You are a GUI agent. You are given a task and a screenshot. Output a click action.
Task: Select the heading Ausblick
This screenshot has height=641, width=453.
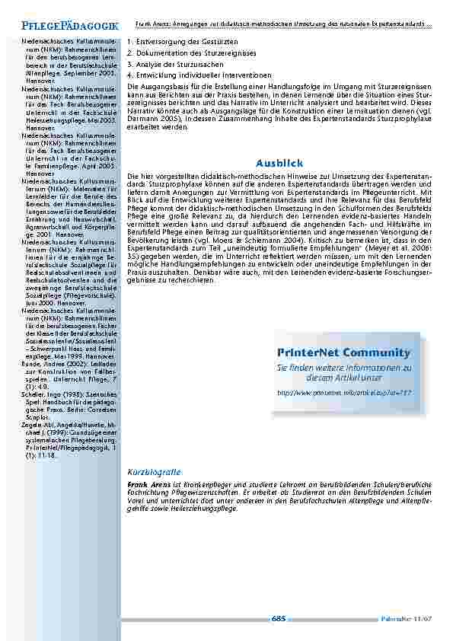click(x=279, y=163)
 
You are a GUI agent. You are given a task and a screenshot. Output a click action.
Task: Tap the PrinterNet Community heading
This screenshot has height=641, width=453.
click(x=343, y=352)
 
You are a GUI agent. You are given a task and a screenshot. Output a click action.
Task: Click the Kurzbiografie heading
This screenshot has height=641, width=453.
click(x=154, y=472)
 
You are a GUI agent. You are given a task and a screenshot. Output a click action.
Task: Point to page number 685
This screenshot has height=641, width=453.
click(x=279, y=618)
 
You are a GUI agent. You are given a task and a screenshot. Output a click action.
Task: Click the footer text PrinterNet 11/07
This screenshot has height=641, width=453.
click(x=407, y=619)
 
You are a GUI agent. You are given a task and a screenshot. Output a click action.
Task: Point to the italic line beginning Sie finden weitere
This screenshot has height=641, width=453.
click(x=343, y=368)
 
